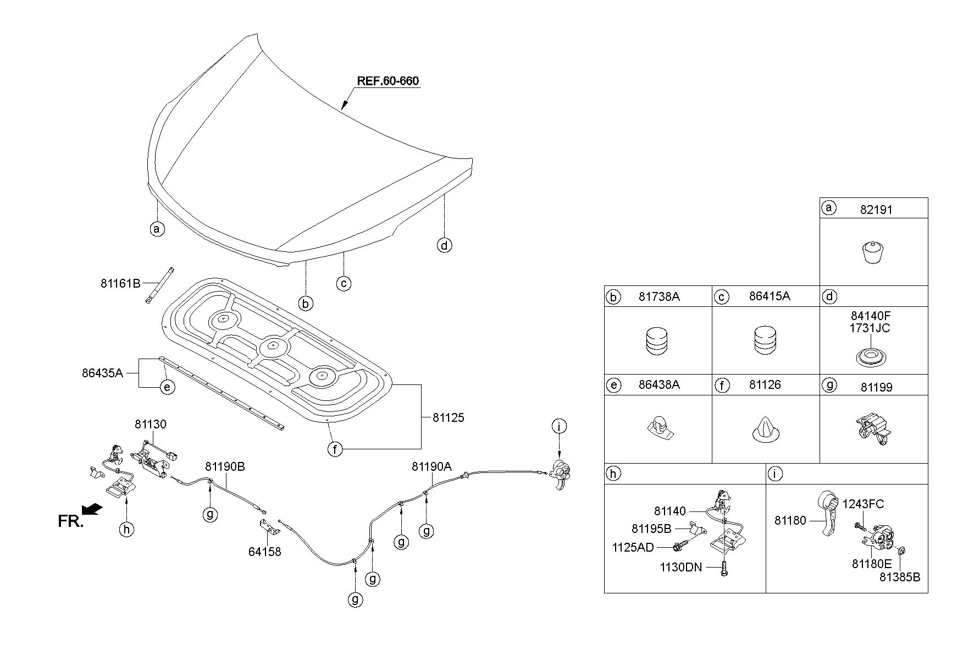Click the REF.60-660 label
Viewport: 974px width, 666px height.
coord(388,81)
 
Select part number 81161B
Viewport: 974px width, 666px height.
coord(120,283)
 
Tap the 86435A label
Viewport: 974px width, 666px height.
coord(102,373)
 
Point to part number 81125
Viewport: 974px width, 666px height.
coord(448,417)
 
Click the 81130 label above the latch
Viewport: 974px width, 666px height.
coord(151,424)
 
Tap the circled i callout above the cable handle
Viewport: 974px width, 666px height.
coord(559,426)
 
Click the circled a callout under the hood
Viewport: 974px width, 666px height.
coord(157,228)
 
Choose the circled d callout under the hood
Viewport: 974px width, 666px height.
coord(444,245)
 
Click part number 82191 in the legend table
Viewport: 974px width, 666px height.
coord(876,210)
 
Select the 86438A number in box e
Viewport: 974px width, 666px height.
coord(659,385)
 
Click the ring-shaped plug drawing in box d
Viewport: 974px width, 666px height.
coord(873,357)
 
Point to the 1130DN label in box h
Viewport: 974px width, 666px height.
coord(681,567)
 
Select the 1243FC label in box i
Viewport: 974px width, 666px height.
coord(863,504)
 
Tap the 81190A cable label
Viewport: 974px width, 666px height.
coord(431,466)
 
